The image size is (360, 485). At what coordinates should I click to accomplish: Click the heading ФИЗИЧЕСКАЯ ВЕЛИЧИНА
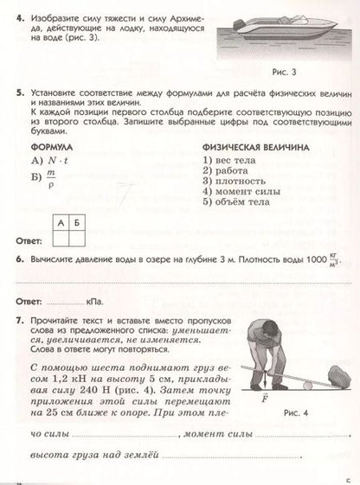[x=255, y=148]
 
